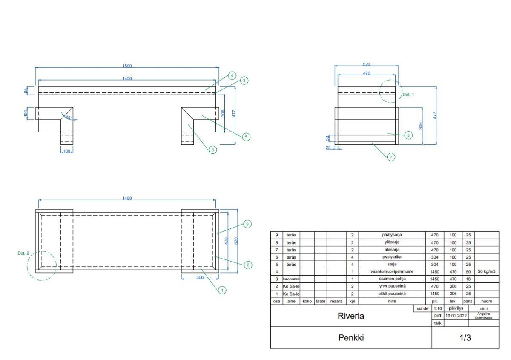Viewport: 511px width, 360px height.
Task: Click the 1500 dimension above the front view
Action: click(x=127, y=66)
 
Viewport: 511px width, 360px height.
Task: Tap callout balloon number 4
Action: click(x=232, y=75)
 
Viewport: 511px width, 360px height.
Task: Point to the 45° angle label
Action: click(x=68, y=117)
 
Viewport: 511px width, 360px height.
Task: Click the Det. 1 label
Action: click(x=408, y=95)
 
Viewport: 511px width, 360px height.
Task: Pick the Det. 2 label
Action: click(x=23, y=253)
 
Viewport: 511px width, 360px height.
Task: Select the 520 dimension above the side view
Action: click(x=366, y=64)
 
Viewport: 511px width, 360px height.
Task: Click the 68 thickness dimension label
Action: click(x=26, y=91)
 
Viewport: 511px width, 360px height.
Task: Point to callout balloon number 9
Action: click(x=248, y=224)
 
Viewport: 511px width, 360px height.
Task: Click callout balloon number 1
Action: click(x=221, y=290)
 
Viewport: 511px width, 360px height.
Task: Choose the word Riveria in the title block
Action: click(x=350, y=317)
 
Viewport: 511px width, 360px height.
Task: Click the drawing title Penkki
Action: click(x=351, y=338)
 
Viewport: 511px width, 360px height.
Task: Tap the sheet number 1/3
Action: click(x=465, y=338)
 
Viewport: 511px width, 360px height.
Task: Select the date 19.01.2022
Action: click(x=456, y=316)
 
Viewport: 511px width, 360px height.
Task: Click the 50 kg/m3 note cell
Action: click(x=486, y=271)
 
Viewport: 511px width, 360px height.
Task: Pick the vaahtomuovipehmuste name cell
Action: click(x=392, y=271)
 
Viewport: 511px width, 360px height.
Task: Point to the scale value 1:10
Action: click(x=437, y=308)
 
